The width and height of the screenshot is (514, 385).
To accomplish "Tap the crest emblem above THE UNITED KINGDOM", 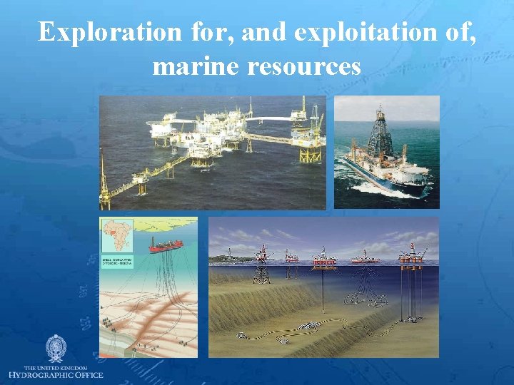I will click(55, 349).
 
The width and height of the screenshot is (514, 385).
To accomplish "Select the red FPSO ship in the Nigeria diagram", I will click(165, 247).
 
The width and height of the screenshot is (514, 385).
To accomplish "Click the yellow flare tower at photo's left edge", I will click(104, 182).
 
